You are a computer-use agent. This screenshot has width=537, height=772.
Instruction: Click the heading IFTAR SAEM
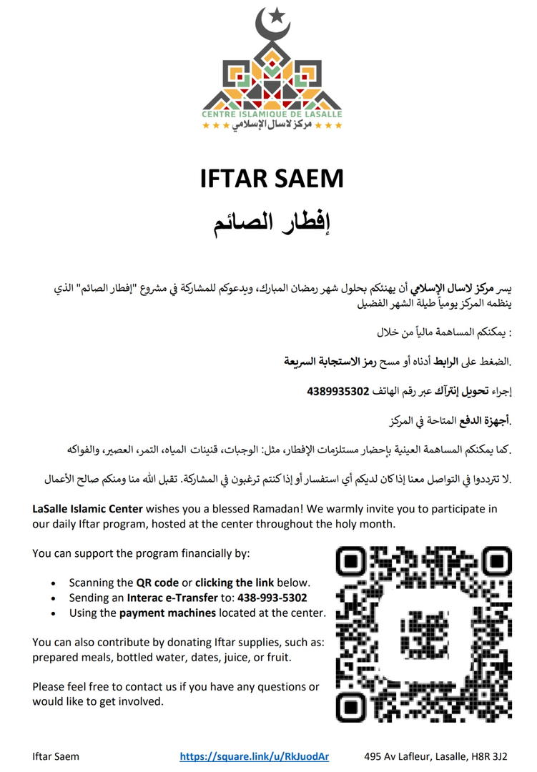tap(272, 178)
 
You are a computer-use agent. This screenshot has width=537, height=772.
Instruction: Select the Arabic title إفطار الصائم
tap(272, 222)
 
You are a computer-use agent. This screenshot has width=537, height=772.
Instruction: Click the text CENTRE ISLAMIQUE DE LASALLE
tap(272, 114)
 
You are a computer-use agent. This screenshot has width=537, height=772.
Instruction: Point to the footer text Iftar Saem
tap(56, 756)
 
